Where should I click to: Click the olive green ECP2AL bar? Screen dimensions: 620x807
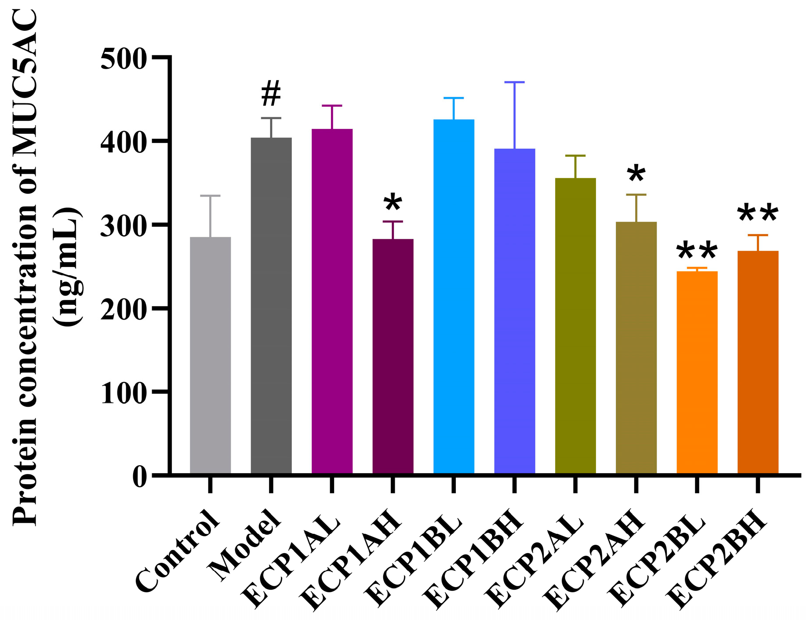(x=575, y=325)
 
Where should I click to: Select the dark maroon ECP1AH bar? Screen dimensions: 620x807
(x=393, y=356)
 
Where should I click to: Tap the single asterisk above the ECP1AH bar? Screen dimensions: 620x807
(x=393, y=203)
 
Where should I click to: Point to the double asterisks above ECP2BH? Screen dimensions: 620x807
(x=758, y=214)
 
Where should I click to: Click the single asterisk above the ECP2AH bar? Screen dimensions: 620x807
(x=636, y=174)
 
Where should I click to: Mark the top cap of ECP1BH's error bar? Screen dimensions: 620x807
(x=514, y=82)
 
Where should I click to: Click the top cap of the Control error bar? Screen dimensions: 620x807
(x=210, y=196)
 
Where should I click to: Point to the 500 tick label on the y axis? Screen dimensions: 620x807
(x=123, y=59)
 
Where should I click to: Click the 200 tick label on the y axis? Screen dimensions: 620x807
(x=123, y=310)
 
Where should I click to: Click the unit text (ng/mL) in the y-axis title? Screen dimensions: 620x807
(x=67, y=266)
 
